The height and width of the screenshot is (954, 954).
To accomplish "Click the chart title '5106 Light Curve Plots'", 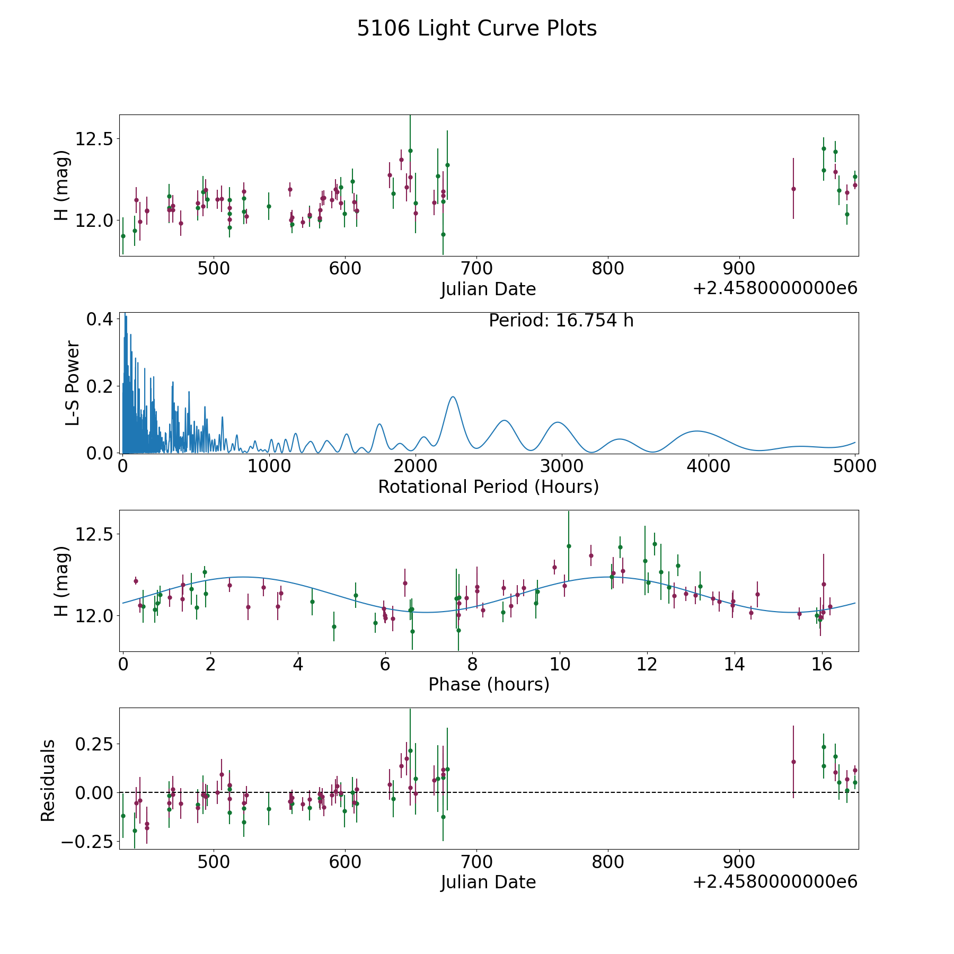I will tap(476, 29).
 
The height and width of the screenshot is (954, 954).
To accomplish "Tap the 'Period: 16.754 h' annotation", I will tap(561, 321).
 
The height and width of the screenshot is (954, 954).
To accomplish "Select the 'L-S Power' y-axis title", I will tap(73, 383).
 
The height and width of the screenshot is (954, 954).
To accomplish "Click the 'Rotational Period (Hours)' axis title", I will tap(488, 487).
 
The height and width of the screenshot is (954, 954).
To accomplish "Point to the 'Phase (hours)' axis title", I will tap(489, 684).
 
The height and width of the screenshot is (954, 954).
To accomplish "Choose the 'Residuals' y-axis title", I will tap(48, 780).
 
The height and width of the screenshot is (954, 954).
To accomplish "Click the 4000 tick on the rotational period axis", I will tap(708, 466).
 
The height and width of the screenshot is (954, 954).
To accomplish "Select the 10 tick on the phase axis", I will tap(559, 664).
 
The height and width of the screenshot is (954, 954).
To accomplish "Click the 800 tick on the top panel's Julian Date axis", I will tap(607, 269).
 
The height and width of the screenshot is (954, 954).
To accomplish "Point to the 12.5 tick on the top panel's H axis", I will tap(94, 139).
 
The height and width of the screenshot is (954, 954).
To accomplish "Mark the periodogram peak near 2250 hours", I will tap(453, 396).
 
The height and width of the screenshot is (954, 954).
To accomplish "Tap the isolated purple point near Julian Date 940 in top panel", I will tap(793, 189).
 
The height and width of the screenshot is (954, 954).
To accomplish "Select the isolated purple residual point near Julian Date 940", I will tap(793, 762).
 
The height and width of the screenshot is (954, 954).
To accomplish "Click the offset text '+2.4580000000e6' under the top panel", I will tap(775, 288).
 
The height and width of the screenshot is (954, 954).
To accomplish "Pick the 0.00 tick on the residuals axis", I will tap(94, 792).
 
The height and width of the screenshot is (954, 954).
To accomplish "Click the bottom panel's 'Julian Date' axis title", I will tap(488, 882).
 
